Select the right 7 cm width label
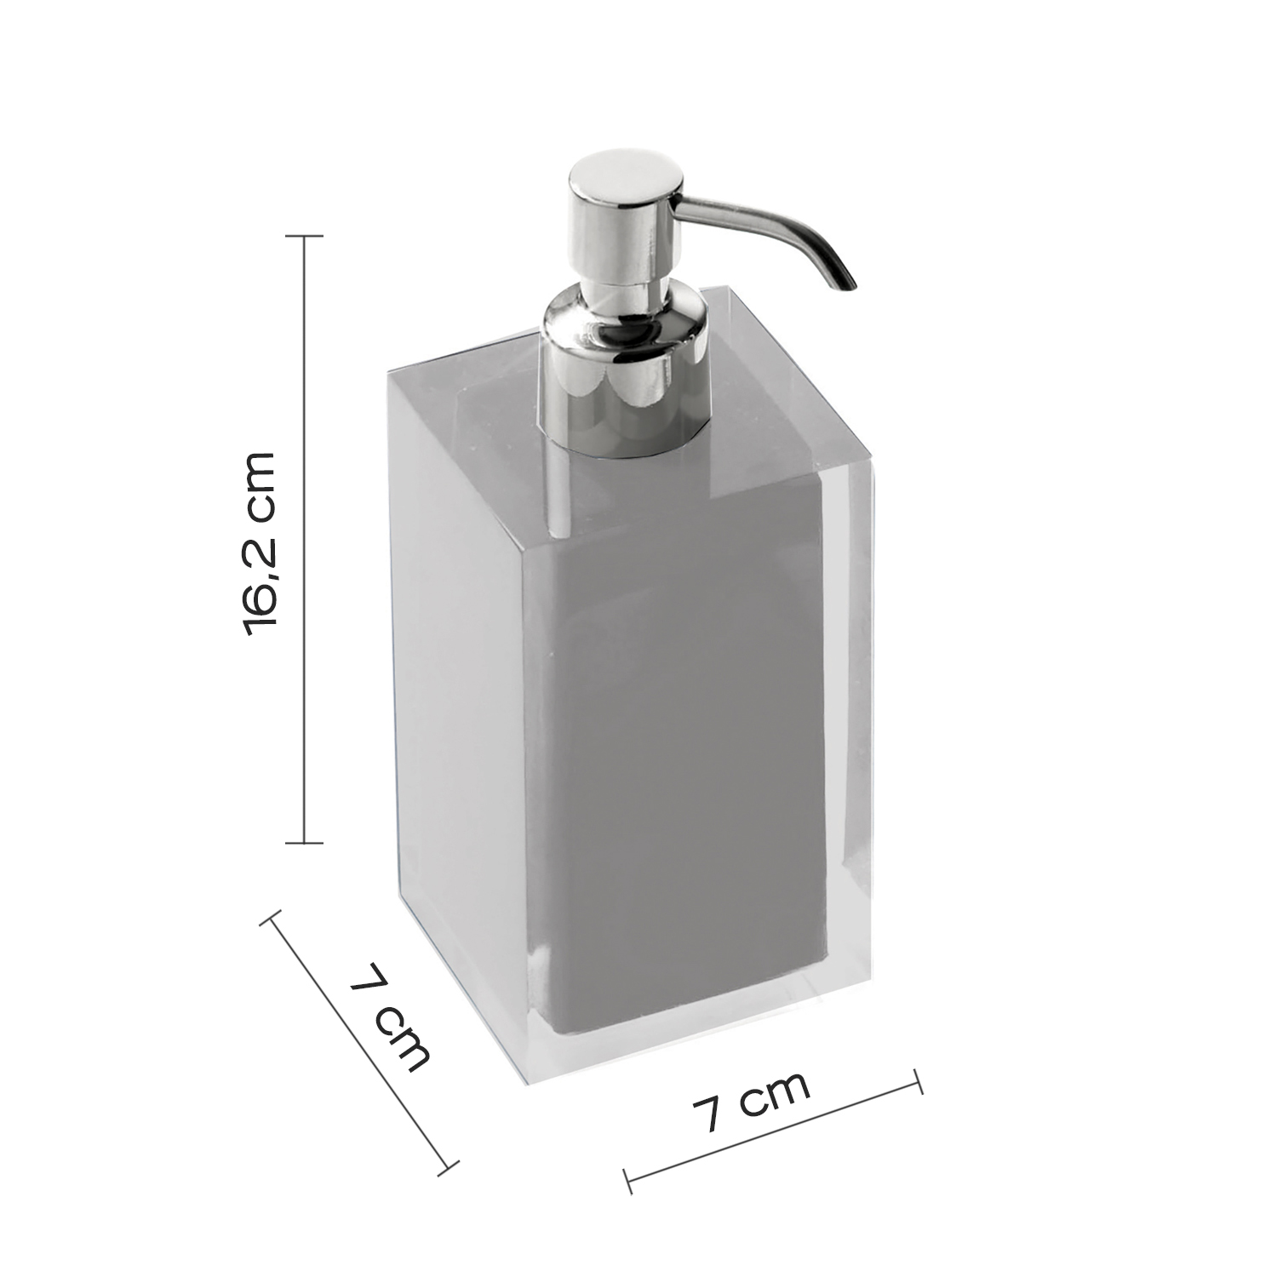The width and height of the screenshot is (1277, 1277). (749, 1102)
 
